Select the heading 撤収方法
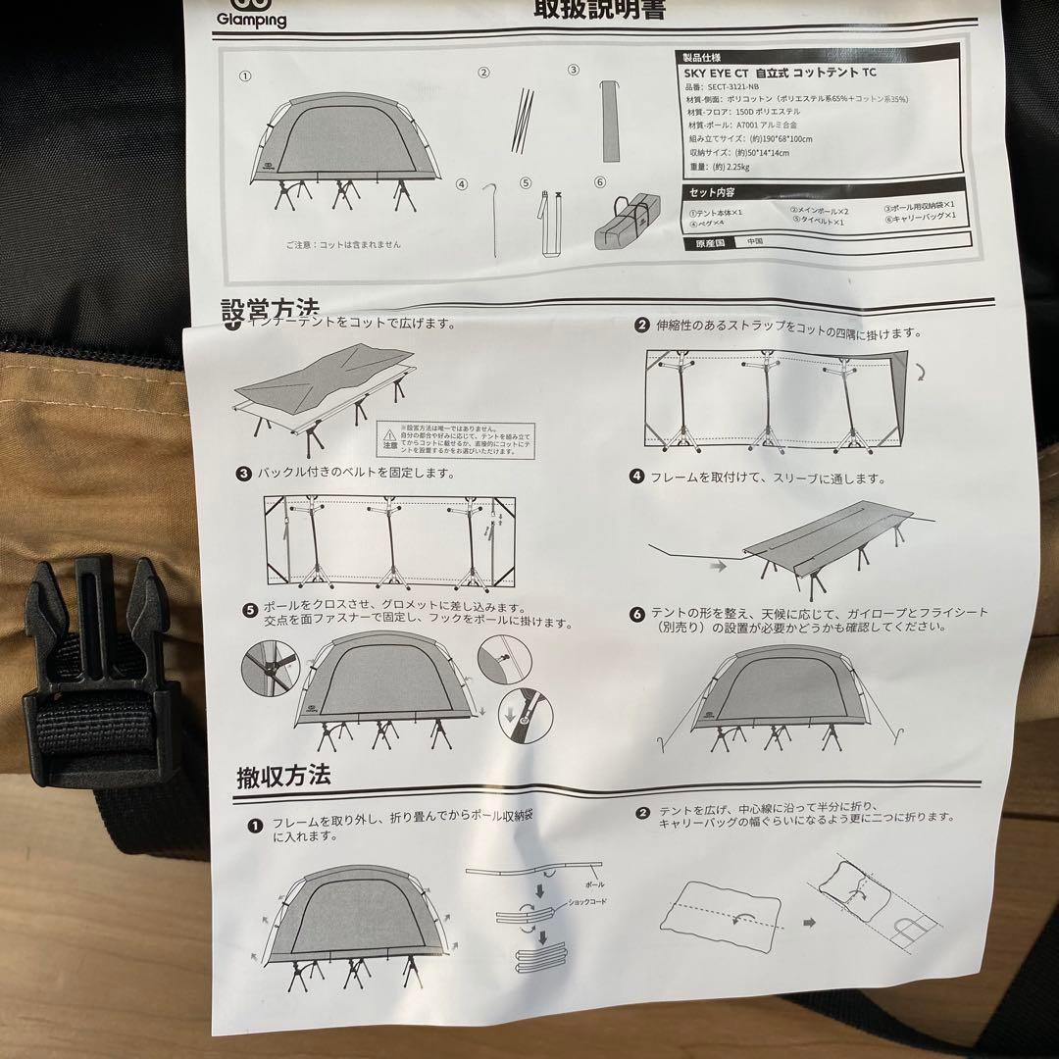(x=282, y=777)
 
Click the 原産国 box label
(x=711, y=240)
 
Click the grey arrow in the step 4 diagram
(x=719, y=566)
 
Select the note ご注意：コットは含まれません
(x=342, y=244)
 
